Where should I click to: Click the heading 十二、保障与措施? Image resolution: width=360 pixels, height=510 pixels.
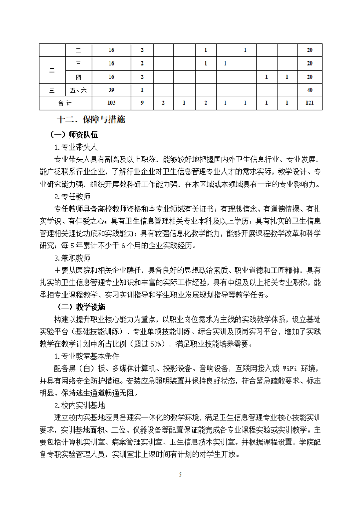click(90, 121)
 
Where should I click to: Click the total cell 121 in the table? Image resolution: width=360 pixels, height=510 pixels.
click(310, 103)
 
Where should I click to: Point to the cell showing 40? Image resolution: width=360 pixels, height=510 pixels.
click(310, 90)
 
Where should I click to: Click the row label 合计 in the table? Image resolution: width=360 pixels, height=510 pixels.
click(65, 103)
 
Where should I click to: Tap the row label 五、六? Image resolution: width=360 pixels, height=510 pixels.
click(79, 90)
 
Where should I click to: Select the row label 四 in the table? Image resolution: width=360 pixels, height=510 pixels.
click(79, 76)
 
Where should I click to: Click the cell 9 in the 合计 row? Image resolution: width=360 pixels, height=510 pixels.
click(142, 103)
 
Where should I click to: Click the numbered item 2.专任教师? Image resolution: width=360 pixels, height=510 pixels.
click(72, 197)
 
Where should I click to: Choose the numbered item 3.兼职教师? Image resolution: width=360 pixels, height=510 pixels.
click(72, 258)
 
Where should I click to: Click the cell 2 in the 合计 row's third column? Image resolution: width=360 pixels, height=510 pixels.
click(163, 103)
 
